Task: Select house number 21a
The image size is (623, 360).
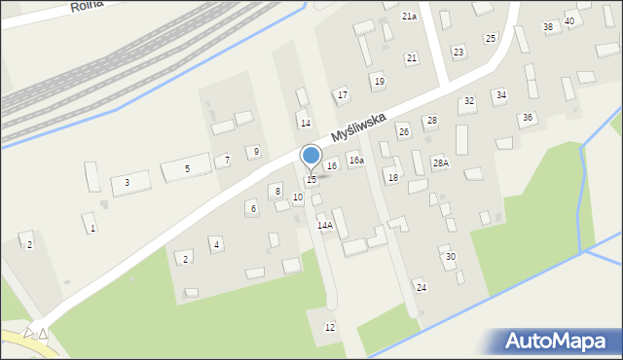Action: pyautogui.click(x=409, y=17)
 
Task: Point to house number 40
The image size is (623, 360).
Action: pyautogui.click(x=569, y=20)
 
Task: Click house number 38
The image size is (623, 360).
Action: pyautogui.click(x=548, y=27)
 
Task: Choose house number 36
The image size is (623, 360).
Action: pyautogui.click(x=528, y=117)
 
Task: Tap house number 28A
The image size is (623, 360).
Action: pyautogui.click(x=441, y=162)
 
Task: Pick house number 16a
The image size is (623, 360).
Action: pyautogui.click(x=356, y=161)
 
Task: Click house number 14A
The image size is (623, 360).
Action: pyautogui.click(x=325, y=225)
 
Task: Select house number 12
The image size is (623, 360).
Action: pyautogui.click(x=330, y=327)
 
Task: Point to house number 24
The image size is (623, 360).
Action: pyautogui.click(x=421, y=287)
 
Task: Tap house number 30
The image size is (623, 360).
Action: pyautogui.click(x=450, y=256)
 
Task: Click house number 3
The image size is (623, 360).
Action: pyautogui.click(x=127, y=182)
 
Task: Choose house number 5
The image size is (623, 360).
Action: pyautogui.click(x=188, y=169)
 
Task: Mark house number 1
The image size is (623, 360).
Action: pyautogui.click(x=92, y=228)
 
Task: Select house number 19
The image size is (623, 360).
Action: pyautogui.click(x=379, y=81)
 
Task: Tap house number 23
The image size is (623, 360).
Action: pyautogui.click(x=458, y=51)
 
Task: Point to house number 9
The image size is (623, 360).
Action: pyautogui.click(x=255, y=151)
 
